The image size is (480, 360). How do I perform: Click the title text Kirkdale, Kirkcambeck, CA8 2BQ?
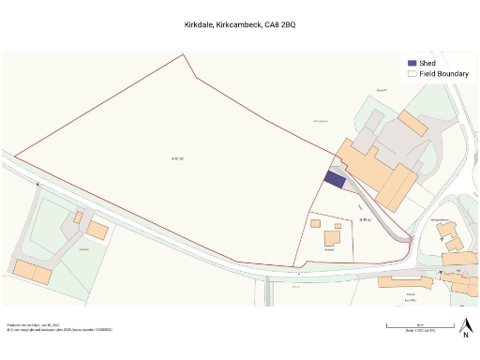point(239,25)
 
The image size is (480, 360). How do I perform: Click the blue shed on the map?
point(335,179)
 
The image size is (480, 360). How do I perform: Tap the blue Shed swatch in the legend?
point(412,62)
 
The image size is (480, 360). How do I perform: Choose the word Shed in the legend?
point(427,62)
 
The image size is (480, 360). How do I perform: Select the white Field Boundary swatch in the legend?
point(412,72)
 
